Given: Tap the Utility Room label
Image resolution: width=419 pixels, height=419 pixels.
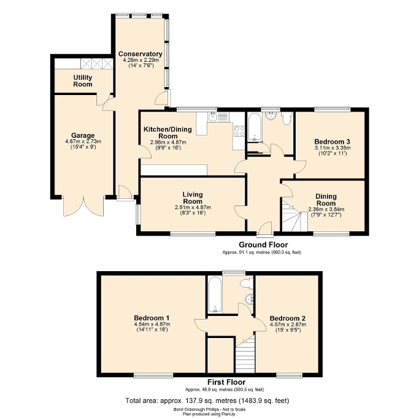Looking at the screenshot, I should pos(83,80).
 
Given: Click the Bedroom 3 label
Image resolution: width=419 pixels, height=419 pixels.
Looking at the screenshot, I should pos(331,141).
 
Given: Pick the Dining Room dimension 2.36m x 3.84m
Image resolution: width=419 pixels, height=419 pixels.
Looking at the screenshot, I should pos(326,209).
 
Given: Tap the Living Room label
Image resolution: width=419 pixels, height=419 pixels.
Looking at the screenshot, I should pos(192,198).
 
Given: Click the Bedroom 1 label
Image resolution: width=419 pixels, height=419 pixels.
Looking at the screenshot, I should pos(151,318).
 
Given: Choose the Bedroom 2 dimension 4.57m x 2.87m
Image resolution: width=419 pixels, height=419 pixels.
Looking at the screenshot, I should pos(287,325).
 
